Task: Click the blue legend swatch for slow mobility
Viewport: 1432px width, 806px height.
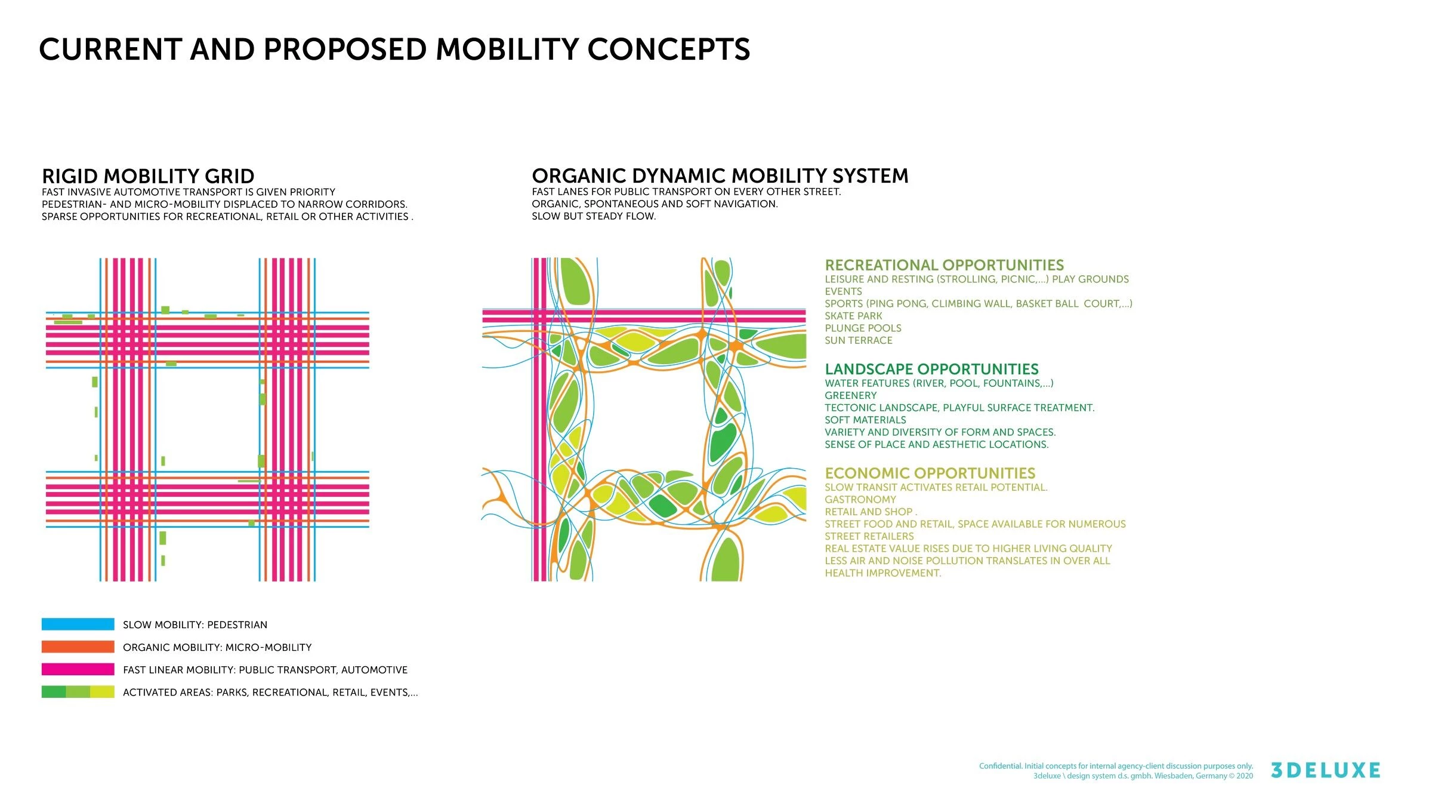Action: [78, 624]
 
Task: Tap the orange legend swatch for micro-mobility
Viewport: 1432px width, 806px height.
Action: [78, 647]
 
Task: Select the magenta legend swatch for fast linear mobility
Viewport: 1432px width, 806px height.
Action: [78, 669]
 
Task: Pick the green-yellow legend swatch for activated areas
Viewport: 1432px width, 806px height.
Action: [78, 692]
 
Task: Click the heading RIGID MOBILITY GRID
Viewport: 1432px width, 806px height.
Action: [148, 176]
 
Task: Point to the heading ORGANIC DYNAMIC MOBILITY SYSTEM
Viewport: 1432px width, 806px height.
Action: [720, 176]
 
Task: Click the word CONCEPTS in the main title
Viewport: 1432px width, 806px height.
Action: [669, 49]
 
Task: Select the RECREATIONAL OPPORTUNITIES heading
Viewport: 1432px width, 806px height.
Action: [945, 265]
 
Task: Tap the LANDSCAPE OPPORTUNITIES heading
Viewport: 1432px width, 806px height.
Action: [932, 369]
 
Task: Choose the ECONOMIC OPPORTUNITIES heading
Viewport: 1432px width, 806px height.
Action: [930, 473]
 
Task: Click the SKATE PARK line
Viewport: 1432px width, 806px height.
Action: [853, 316]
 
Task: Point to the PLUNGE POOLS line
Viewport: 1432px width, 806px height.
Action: [863, 328]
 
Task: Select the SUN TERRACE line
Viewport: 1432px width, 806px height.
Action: [859, 340]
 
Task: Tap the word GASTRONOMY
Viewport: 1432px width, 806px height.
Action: [860, 500]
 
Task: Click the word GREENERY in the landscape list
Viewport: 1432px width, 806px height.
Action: [851, 396]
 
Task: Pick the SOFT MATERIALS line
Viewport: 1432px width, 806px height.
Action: [865, 420]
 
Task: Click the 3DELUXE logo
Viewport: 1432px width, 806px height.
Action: [1325, 770]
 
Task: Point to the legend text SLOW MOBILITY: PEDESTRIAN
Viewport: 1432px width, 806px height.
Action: [195, 625]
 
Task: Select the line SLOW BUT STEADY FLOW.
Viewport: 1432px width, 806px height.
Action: [594, 216]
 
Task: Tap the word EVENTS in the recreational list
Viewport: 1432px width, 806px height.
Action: [844, 291]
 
